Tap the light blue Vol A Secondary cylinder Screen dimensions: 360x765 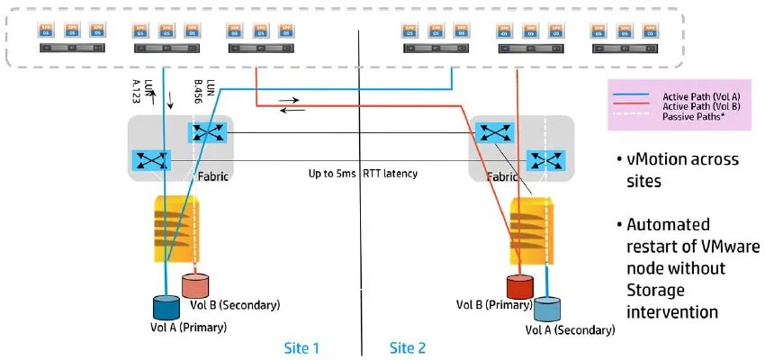point(546,309)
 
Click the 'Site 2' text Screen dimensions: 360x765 point(409,346)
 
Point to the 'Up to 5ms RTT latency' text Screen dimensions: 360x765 point(359,172)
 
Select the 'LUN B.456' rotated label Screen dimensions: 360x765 point(204,92)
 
